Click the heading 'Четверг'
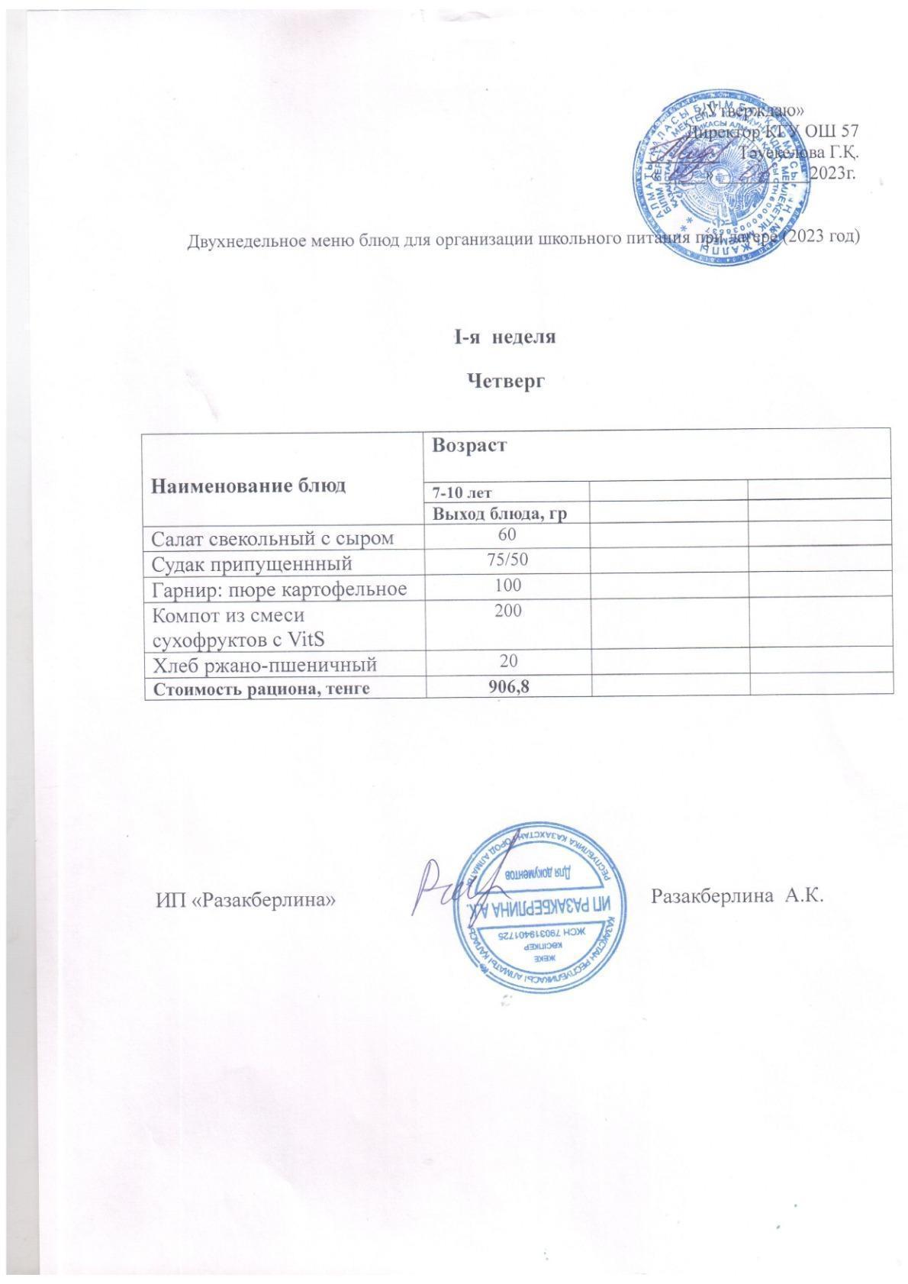click(x=505, y=379)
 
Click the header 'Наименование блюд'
click(x=248, y=485)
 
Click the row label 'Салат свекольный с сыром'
click(x=273, y=539)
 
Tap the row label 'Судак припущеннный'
click(x=253, y=564)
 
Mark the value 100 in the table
click(x=508, y=585)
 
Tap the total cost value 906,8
click(x=508, y=686)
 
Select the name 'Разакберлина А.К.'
click(x=737, y=894)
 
